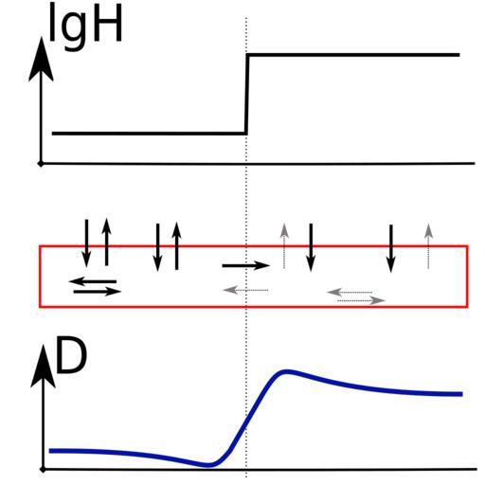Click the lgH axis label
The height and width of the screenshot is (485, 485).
85,26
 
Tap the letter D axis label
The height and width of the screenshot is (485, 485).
71,355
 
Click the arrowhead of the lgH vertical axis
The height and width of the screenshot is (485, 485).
41,59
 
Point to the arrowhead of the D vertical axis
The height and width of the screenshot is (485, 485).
43,367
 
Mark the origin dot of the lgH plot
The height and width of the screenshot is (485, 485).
41,164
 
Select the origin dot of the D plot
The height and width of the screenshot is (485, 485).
44,470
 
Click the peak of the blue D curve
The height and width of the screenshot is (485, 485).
287,371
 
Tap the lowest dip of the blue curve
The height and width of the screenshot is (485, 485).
208,465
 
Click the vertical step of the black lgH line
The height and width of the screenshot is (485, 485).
247,94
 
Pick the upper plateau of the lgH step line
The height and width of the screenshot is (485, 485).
353,55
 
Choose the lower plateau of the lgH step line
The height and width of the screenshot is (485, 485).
149,134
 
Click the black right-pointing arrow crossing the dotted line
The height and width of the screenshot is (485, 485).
246,265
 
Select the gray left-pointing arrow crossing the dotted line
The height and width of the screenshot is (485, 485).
245,290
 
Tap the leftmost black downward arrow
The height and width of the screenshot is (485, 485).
86,243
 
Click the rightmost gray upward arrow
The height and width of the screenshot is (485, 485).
428,246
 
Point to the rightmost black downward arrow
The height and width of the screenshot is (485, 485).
391,248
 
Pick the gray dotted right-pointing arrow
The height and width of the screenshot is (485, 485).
361,300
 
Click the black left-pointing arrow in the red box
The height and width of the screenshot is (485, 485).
93,281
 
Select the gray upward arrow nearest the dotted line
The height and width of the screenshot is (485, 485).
284,246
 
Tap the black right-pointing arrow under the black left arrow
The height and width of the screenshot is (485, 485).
98,292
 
